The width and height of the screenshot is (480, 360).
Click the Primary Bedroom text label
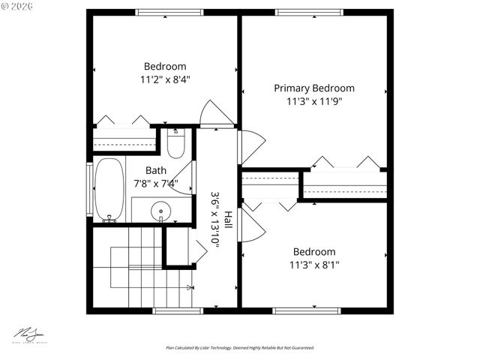point(313,88)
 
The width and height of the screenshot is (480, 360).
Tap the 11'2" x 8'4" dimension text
point(165,79)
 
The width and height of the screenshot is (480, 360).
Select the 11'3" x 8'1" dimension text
point(313,265)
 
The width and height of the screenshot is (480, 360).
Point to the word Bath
point(156,170)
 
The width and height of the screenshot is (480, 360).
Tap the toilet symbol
point(175,144)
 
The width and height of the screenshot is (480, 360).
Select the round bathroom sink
point(160,212)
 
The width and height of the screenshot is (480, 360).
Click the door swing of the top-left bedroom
point(217,114)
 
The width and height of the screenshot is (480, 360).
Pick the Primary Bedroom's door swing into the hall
point(253,147)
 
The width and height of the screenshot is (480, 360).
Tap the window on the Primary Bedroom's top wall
point(310,12)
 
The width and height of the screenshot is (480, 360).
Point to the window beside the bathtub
point(90,189)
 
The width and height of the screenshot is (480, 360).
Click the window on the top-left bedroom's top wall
point(169,12)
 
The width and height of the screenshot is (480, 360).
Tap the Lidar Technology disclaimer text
point(240,348)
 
